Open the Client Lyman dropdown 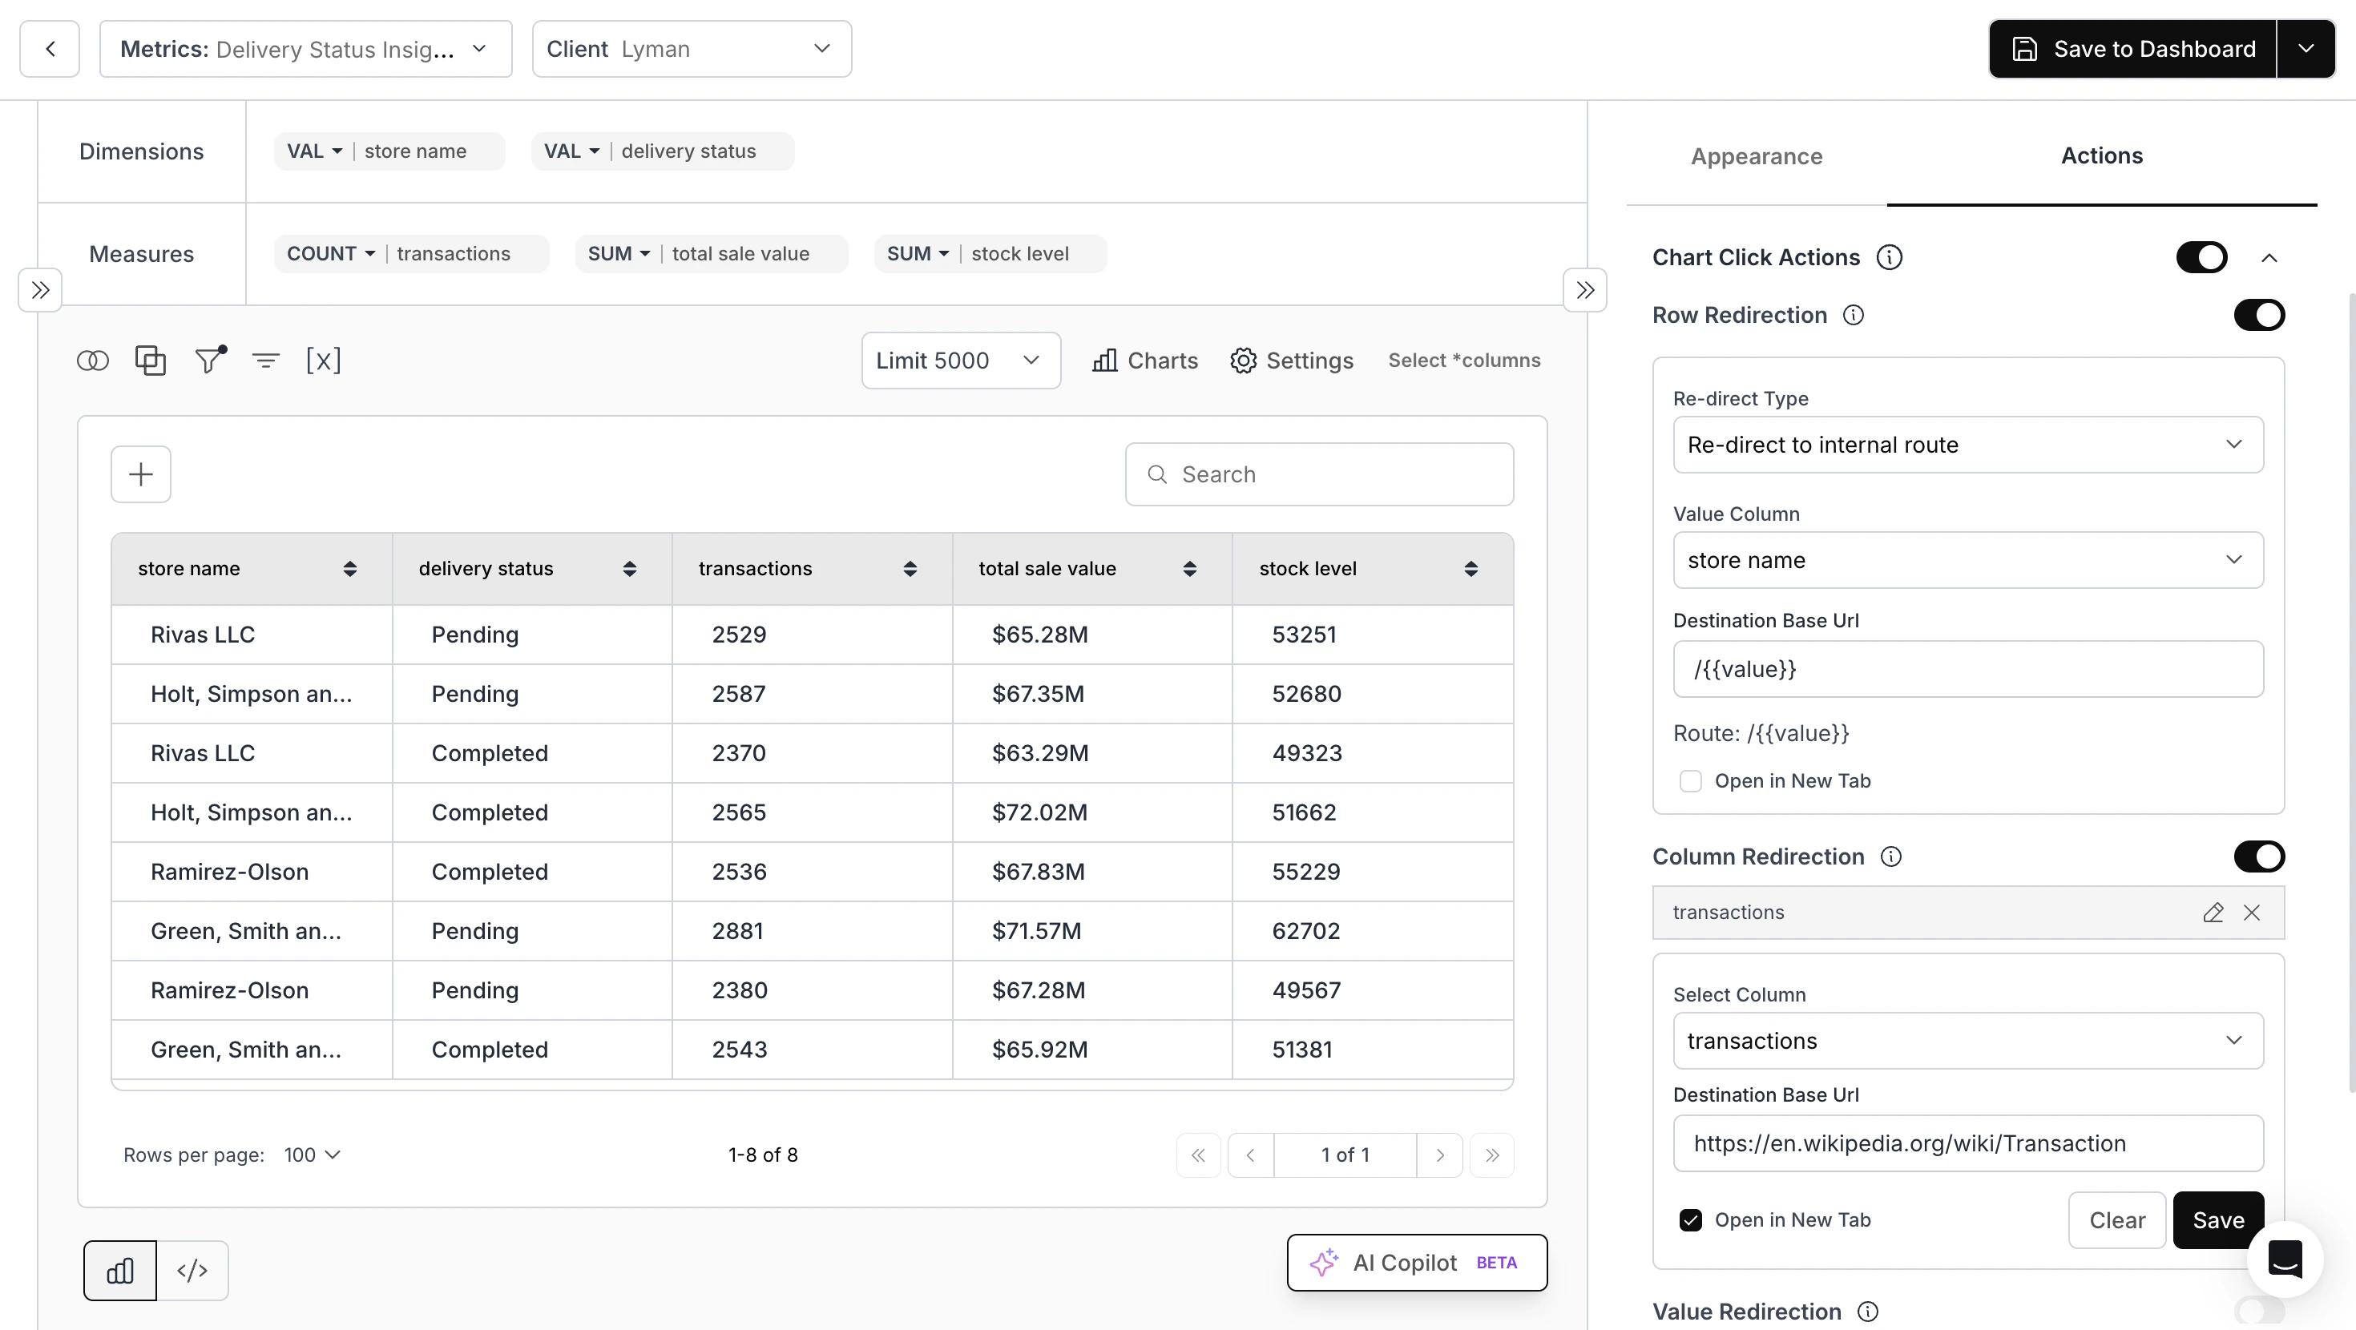click(x=692, y=50)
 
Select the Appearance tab click(x=1756, y=156)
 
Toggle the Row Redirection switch click(x=2258, y=316)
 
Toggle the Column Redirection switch click(x=2258, y=857)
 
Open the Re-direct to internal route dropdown click(x=1967, y=445)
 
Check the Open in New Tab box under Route click(x=1690, y=781)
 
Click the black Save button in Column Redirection click(x=2217, y=1220)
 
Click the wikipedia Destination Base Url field click(x=1967, y=1143)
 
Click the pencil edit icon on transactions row click(x=2213, y=913)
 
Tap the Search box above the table click(x=1319, y=475)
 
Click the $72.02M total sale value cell click(x=1040, y=813)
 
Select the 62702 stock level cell click(x=1305, y=931)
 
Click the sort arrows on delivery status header click(x=629, y=569)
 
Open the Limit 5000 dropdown click(x=960, y=361)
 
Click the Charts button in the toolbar click(x=1145, y=361)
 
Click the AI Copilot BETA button click(x=1416, y=1263)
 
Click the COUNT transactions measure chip click(x=410, y=254)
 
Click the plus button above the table click(x=141, y=475)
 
